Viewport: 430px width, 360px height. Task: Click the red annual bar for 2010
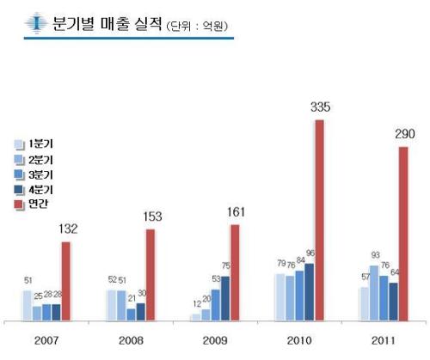coord(320,220)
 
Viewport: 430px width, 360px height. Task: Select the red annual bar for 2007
coord(66,281)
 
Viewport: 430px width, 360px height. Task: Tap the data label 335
coord(321,107)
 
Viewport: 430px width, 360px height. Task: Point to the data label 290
coord(405,134)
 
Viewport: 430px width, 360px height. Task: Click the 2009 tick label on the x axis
coord(215,340)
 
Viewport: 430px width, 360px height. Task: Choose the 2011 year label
coord(384,340)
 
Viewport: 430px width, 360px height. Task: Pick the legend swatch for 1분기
coord(19,144)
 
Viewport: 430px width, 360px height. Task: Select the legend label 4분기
coord(40,190)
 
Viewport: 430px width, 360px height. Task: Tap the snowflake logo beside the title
coord(36,22)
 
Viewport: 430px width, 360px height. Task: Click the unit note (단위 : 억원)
coord(197,27)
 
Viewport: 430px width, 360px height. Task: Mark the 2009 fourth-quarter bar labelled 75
coord(225,298)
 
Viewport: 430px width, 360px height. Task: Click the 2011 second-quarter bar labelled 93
coord(374,293)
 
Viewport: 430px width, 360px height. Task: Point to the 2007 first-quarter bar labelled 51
coord(28,305)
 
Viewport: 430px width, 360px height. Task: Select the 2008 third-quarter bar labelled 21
coord(131,314)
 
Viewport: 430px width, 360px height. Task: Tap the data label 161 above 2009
coord(236,212)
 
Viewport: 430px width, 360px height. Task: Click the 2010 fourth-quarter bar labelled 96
coord(310,292)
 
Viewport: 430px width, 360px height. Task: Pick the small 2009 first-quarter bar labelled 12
coord(196,317)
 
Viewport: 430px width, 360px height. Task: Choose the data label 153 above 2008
coord(152,217)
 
